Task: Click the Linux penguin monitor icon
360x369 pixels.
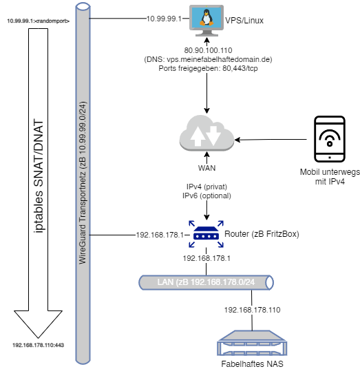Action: pyautogui.click(x=207, y=21)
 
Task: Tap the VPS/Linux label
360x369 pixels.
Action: pyautogui.click(x=244, y=21)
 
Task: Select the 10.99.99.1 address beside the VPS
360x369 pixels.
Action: pyautogui.click(x=164, y=19)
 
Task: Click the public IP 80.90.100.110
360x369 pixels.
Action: pyautogui.click(x=208, y=50)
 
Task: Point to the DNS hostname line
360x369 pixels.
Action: pyautogui.click(x=208, y=59)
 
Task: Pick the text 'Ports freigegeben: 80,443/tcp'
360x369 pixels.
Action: pyautogui.click(x=208, y=68)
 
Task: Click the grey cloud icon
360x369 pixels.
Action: pyautogui.click(x=207, y=133)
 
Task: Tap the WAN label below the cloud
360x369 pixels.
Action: pyautogui.click(x=207, y=168)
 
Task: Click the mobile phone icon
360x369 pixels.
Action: pyautogui.click(x=330, y=139)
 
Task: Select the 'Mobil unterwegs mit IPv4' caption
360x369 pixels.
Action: pyautogui.click(x=330, y=177)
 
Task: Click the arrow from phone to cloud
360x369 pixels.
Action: pyautogui.click(x=271, y=140)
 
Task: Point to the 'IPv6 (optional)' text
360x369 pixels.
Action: pyautogui.click(x=207, y=196)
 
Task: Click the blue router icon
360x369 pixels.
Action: pyautogui.click(x=206, y=234)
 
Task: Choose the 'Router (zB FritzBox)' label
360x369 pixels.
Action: pyautogui.click(x=262, y=234)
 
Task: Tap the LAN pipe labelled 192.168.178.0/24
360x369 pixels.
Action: pyautogui.click(x=206, y=282)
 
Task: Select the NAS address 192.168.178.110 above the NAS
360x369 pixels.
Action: pyautogui.click(x=252, y=310)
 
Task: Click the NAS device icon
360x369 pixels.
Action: pyautogui.click(x=252, y=343)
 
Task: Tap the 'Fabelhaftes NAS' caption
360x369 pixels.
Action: pyautogui.click(x=252, y=363)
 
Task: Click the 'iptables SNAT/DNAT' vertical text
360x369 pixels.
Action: pyautogui.click(x=39, y=176)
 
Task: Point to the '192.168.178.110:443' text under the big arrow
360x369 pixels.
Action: pyautogui.click(x=38, y=345)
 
